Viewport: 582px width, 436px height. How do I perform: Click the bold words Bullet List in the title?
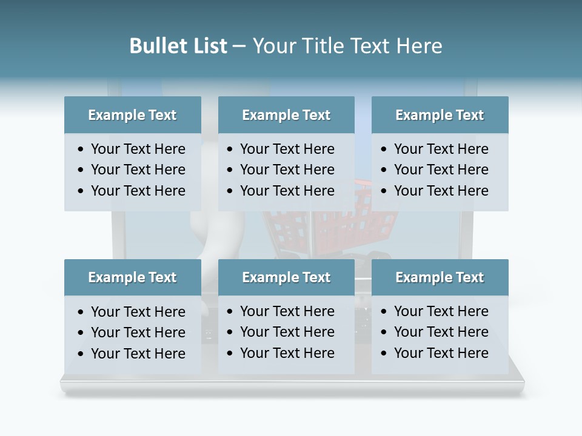click(x=178, y=46)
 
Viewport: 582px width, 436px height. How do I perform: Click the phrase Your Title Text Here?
click(x=347, y=46)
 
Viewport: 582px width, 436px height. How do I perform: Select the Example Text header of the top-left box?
click(x=132, y=115)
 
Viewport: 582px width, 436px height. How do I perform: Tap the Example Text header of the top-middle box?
click(x=286, y=115)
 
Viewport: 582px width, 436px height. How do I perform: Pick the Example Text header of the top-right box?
click(x=440, y=115)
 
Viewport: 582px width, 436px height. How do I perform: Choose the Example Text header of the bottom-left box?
click(x=132, y=277)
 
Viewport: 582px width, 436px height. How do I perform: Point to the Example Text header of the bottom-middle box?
click(x=286, y=277)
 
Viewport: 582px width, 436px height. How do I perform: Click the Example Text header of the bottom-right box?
click(x=440, y=277)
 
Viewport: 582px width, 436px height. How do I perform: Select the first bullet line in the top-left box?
click(x=138, y=149)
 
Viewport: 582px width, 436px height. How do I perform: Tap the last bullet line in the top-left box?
click(x=138, y=191)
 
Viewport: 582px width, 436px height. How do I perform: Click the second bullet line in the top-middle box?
click(x=287, y=170)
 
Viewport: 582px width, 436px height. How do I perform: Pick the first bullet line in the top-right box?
click(x=441, y=149)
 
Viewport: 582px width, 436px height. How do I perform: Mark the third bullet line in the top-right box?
click(x=441, y=191)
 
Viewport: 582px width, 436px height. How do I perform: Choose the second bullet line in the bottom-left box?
click(x=138, y=332)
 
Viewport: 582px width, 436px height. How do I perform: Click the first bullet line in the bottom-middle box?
click(x=287, y=311)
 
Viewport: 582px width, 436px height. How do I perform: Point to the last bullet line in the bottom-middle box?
click(x=287, y=353)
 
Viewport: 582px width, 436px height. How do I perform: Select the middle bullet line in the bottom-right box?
click(x=441, y=332)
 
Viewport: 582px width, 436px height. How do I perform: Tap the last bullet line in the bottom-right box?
click(x=441, y=353)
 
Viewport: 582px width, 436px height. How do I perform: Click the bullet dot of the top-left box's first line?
click(x=81, y=150)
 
